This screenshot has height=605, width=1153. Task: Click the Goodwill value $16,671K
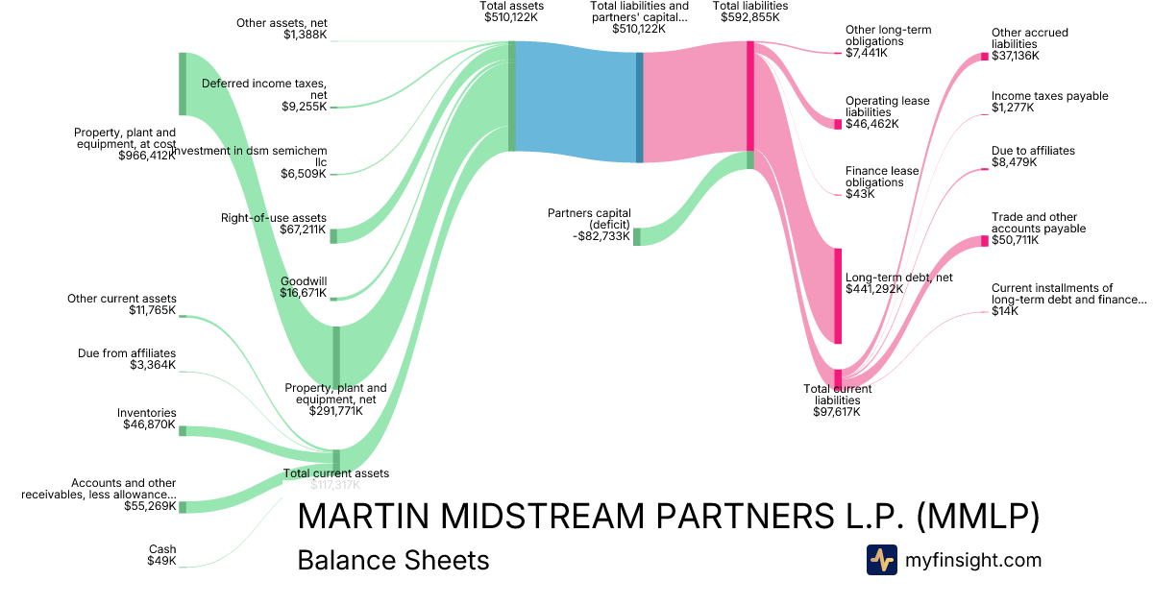pos(304,293)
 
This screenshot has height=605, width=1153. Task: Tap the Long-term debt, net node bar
pos(838,295)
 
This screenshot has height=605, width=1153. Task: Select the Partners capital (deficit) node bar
pos(636,236)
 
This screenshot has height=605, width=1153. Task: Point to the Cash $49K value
pos(161,561)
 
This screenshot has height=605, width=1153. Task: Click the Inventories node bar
pos(183,431)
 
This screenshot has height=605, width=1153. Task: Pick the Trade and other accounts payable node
pos(984,240)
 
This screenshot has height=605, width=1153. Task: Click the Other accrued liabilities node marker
pos(984,57)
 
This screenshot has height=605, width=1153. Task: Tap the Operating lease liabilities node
pos(838,124)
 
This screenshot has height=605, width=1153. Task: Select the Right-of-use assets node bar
pos(333,235)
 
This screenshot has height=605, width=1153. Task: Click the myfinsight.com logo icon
pos(881,560)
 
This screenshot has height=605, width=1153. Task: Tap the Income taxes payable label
pos(1049,96)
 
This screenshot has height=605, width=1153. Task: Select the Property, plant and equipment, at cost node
pos(183,84)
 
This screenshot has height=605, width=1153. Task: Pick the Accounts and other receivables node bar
pos(183,506)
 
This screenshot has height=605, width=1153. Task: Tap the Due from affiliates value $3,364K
pos(153,365)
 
